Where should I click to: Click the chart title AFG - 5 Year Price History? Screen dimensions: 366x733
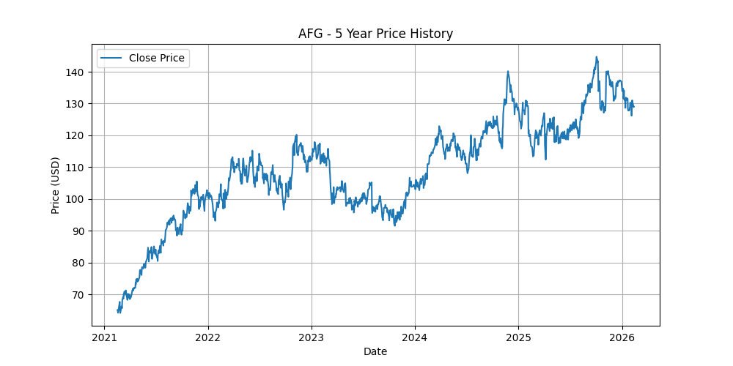click(375, 34)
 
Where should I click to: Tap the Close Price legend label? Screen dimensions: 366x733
click(157, 58)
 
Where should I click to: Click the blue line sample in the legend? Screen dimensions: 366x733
click(111, 58)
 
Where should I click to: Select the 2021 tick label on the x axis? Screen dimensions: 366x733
click(104, 337)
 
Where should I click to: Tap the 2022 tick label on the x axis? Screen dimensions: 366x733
click(208, 337)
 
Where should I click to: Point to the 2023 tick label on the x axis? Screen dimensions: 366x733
click(312, 337)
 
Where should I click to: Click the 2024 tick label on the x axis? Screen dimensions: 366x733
click(415, 337)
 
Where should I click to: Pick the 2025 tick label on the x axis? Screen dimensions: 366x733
click(518, 337)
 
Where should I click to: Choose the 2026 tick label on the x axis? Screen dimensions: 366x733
click(622, 337)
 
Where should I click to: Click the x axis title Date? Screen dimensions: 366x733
click(375, 351)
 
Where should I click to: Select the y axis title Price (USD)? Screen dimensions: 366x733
click(56, 185)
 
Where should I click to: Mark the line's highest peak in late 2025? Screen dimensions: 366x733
click(596, 57)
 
